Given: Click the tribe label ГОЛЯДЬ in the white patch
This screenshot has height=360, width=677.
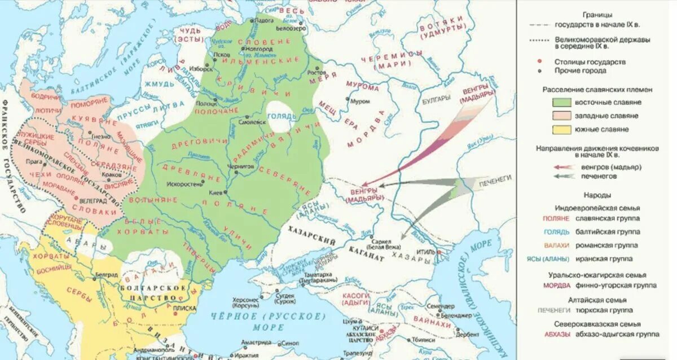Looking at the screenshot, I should tap(283, 117).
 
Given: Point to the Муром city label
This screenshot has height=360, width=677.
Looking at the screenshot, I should tap(359, 102).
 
